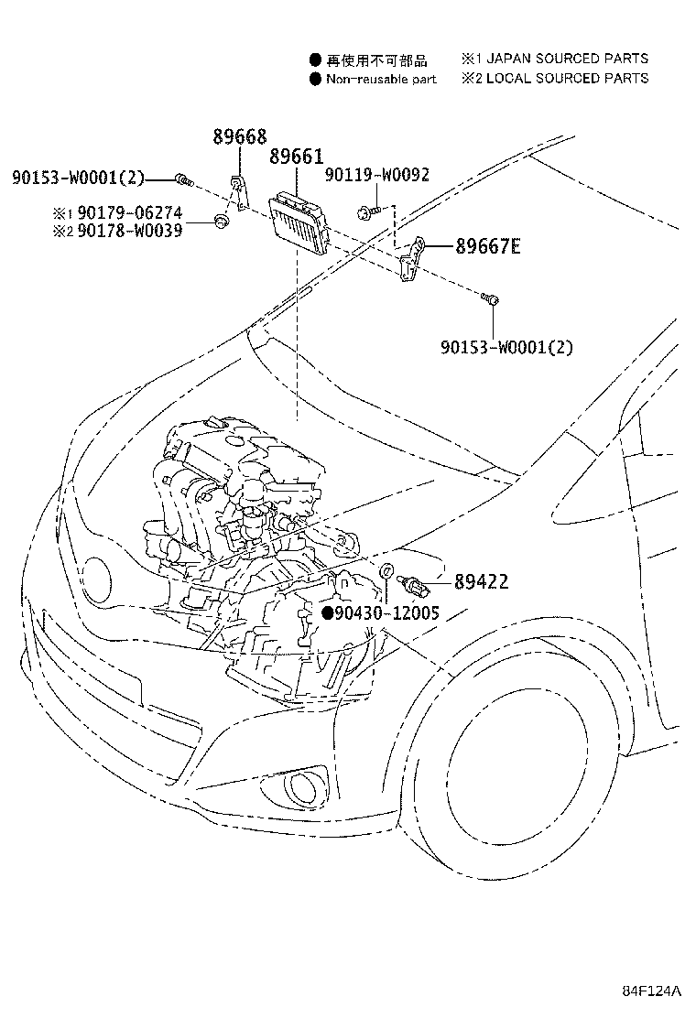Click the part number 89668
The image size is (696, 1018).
click(240, 137)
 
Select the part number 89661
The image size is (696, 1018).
click(297, 157)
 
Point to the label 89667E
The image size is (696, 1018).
click(486, 245)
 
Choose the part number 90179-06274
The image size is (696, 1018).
click(136, 213)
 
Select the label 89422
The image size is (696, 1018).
click(481, 581)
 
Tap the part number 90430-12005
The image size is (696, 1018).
click(386, 612)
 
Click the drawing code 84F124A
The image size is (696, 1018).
click(653, 991)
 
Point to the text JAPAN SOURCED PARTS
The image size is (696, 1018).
click(567, 59)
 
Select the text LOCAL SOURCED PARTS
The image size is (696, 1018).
click(567, 79)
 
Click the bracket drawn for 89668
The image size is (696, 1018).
click(237, 193)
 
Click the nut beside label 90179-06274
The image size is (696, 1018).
click(220, 220)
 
